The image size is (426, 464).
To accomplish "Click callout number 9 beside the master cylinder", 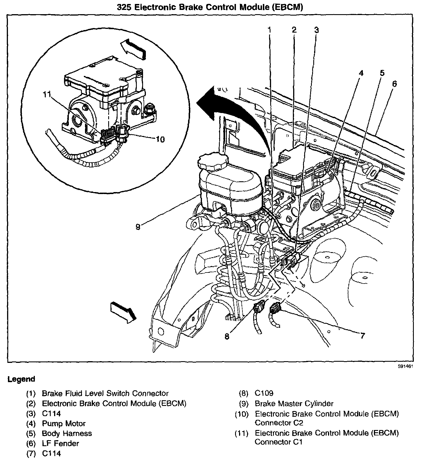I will click(x=138, y=227).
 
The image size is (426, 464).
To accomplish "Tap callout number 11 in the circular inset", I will click(x=47, y=94).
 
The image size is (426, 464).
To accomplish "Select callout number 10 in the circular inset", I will click(x=160, y=139).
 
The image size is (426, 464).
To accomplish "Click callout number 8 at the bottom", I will click(x=227, y=337).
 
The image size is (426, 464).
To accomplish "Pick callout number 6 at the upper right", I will click(x=394, y=84).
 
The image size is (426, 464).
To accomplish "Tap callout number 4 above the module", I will click(x=361, y=73).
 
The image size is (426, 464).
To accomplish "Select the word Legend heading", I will click(x=21, y=379).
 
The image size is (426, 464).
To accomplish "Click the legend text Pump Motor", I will click(x=64, y=423).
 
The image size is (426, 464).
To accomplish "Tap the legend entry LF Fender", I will click(x=60, y=443).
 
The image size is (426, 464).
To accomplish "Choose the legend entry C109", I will click(x=264, y=393).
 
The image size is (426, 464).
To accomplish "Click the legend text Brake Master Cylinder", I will click(x=294, y=403).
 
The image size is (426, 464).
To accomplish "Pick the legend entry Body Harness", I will click(x=67, y=433).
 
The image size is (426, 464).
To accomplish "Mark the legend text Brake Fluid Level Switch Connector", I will click(x=105, y=393).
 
